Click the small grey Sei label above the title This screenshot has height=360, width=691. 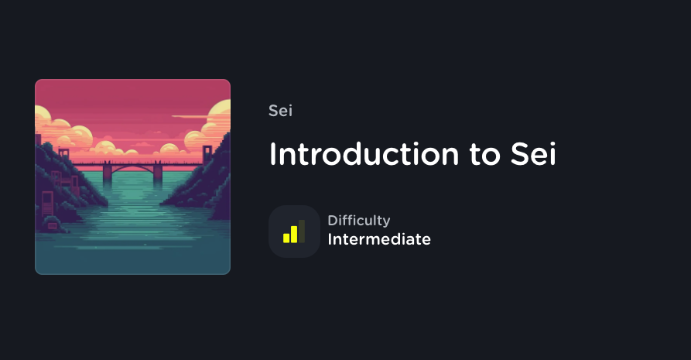[x=280, y=111]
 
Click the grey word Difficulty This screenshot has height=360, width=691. [x=358, y=221]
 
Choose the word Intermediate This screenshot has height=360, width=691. [x=379, y=239]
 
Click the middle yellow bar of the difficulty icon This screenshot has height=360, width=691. [x=293, y=234]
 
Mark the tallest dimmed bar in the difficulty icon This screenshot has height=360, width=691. [x=302, y=231]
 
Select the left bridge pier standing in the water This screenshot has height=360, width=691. [x=107, y=175]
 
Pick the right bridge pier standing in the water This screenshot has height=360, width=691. [x=158, y=174]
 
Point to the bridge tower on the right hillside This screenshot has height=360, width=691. [x=207, y=154]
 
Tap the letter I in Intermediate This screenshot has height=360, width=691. [x=330, y=239]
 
